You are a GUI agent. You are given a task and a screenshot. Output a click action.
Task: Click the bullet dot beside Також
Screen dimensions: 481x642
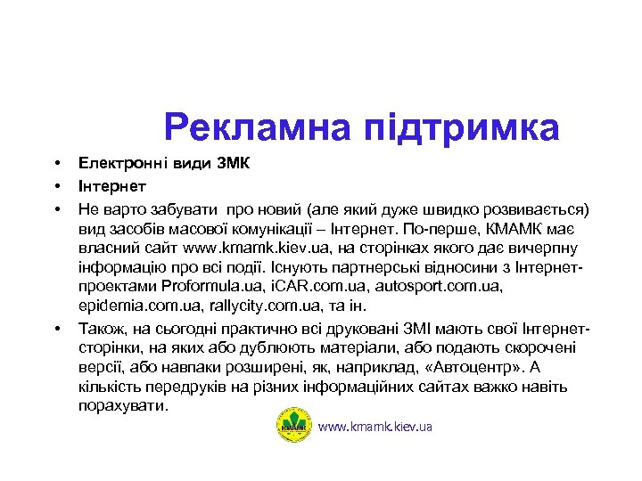pos(55,328)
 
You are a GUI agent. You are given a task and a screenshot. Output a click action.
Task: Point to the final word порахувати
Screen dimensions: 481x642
pos(122,406)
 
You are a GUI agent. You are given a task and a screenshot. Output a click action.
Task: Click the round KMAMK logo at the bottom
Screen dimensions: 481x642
pos(294,426)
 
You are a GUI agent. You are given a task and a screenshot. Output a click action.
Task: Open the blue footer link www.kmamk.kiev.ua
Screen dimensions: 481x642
pos(374,427)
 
